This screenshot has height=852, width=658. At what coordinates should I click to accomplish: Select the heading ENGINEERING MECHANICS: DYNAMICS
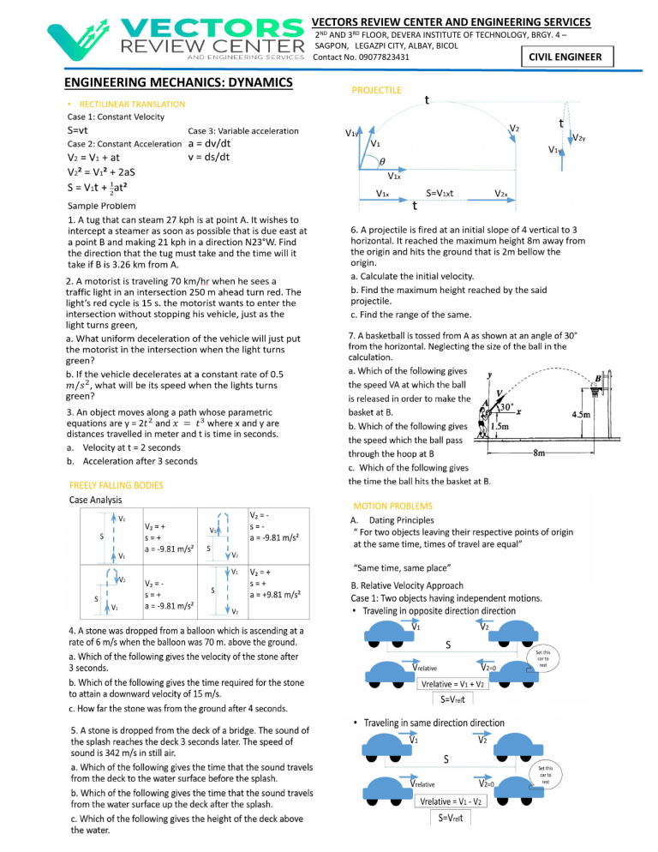(x=178, y=83)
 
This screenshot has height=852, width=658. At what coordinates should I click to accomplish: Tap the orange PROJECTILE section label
(x=377, y=90)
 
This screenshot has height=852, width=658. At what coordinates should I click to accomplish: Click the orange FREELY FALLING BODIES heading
(x=115, y=485)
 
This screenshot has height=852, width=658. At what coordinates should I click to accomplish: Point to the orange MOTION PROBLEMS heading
(x=392, y=507)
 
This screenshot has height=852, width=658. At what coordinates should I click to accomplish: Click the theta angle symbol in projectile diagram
(x=383, y=160)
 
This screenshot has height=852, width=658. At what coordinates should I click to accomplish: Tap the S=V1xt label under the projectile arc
(x=451, y=195)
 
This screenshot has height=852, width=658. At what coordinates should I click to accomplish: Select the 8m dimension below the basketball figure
(x=541, y=452)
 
